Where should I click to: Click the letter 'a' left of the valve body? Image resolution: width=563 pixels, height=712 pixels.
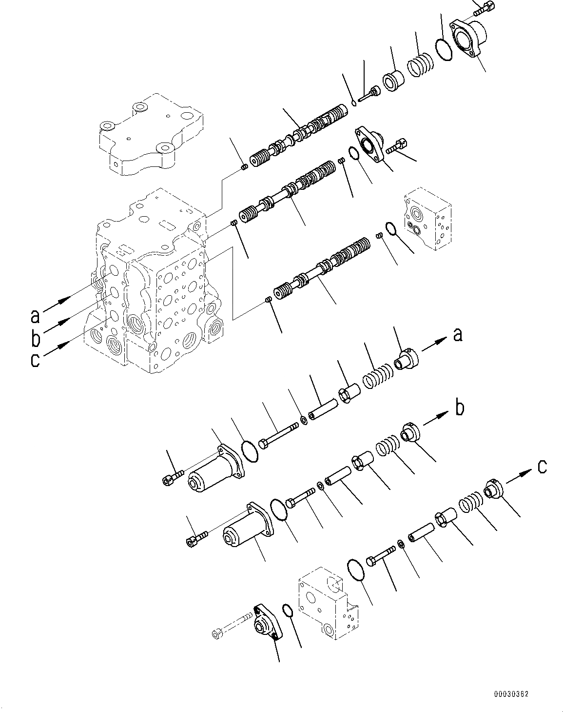click(x=35, y=316)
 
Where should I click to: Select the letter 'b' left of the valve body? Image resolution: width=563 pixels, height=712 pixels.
click(x=36, y=338)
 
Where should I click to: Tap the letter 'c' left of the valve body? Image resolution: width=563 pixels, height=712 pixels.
click(x=35, y=360)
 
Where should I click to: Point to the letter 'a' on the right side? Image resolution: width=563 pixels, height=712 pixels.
click(x=457, y=335)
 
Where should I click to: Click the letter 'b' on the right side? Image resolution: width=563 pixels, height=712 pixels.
click(x=459, y=408)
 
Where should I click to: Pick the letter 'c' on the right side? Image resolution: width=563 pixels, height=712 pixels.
click(x=542, y=467)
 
